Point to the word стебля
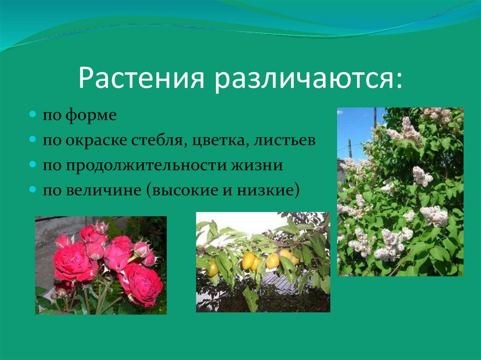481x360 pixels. (x=159, y=141)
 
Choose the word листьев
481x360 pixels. (x=284, y=141)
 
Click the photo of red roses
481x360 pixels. (x=101, y=265)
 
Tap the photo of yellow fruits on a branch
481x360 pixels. (x=263, y=262)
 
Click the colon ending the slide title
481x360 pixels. (x=398, y=81)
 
